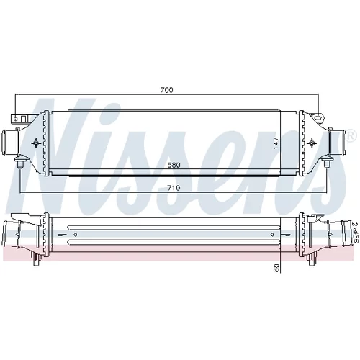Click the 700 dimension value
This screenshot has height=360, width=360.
pos(166,90)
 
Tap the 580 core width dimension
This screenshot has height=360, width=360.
pos(174,165)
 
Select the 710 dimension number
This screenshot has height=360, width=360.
pos(174,188)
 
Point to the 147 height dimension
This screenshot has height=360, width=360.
pos(276,143)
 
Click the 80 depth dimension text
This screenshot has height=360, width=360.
pos(277,268)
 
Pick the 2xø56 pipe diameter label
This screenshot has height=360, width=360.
pos(355,232)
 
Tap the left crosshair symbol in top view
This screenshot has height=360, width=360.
pos(36,143)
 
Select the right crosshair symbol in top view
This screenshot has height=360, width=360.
pos(312,143)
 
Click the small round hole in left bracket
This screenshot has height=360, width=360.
pos(16,119)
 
